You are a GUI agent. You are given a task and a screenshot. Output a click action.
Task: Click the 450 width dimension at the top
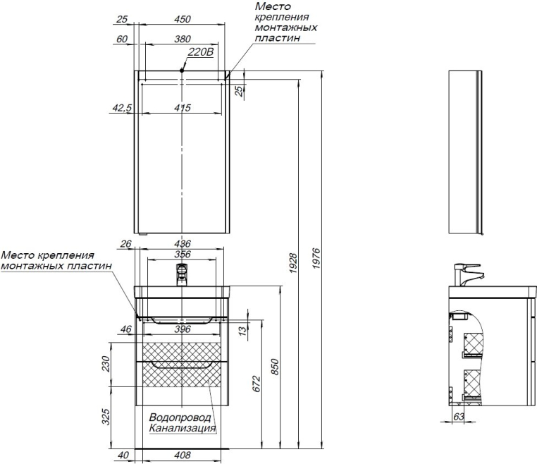click(x=183, y=20)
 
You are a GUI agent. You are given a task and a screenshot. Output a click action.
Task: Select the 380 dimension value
click(x=183, y=39)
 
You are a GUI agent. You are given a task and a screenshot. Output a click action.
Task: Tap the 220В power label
click(x=200, y=53)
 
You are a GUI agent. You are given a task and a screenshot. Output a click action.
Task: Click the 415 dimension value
click(x=183, y=108)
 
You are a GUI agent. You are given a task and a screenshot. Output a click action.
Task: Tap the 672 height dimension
click(x=257, y=383)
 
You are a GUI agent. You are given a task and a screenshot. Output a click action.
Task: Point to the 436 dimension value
click(x=183, y=244)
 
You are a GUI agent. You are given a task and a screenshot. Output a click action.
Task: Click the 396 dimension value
click(x=183, y=329)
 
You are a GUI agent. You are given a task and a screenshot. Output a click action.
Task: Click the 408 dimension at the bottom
click(x=183, y=456)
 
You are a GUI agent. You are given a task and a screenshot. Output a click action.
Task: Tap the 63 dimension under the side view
click(x=458, y=417)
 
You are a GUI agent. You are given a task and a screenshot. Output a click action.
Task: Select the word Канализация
click(x=182, y=428)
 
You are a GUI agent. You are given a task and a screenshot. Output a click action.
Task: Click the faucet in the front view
click(x=183, y=273)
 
